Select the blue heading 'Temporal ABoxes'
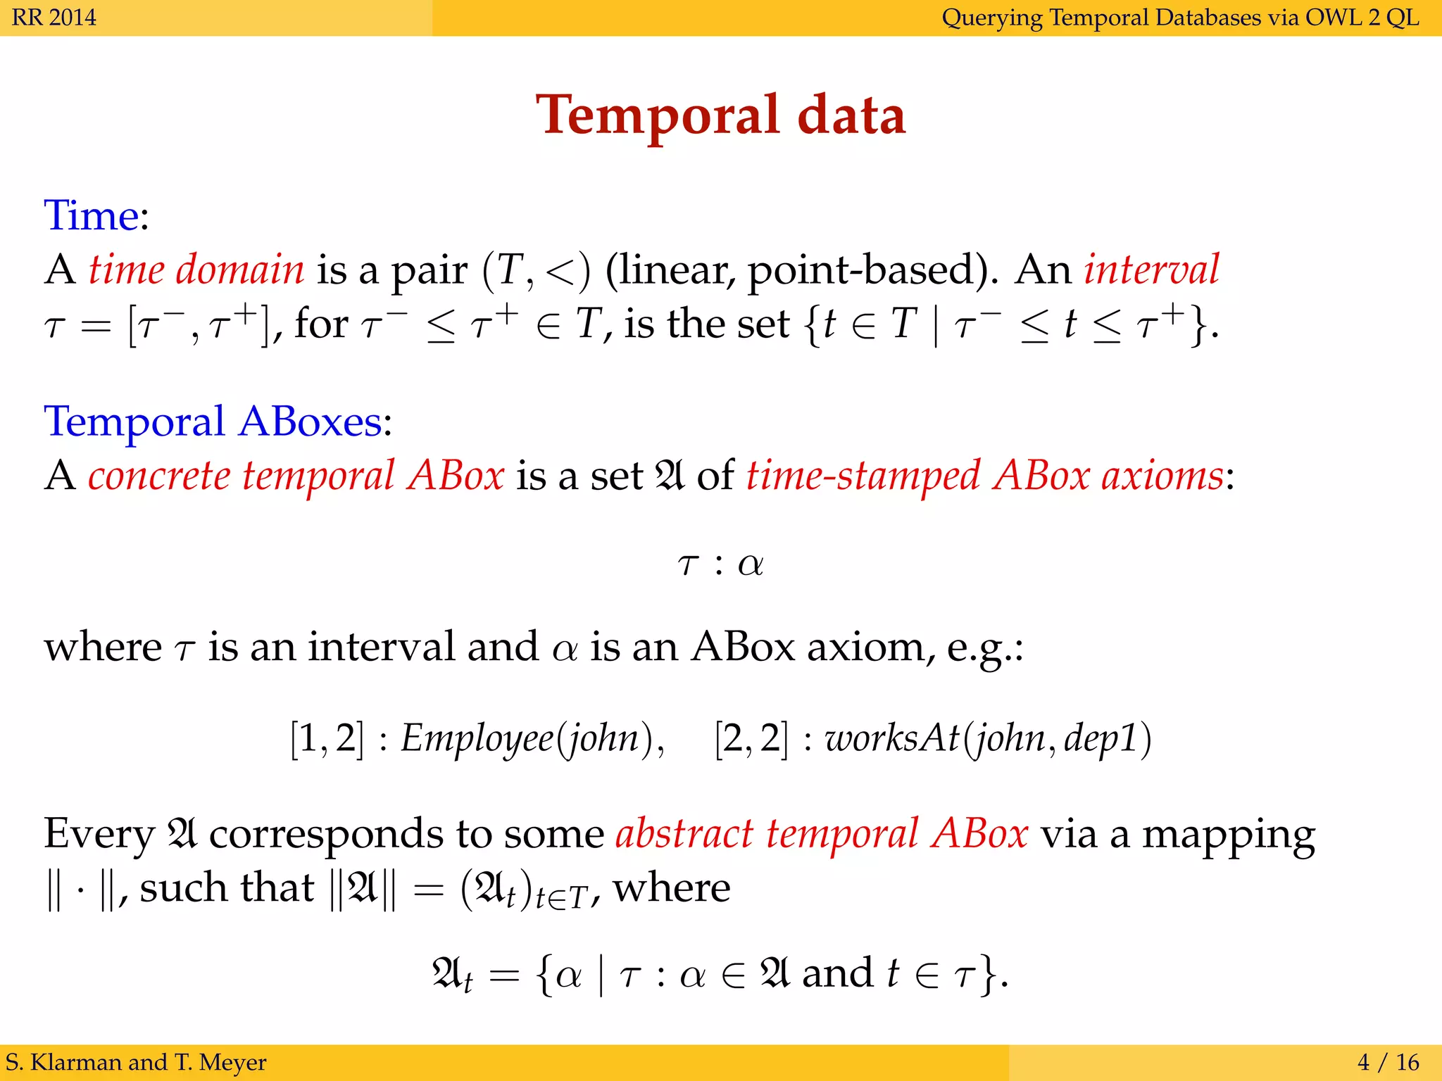pos(213,422)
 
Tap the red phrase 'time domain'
pos(196,269)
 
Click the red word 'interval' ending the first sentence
pos(1151,269)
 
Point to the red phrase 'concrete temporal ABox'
pos(296,476)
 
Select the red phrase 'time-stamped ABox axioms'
pos(985,476)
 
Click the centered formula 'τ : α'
pos(720,564)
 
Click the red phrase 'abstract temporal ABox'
pos(822,834)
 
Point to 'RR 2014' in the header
pos(54,17)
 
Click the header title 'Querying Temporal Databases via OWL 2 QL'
pos(1180,17)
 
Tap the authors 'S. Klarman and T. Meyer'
pos(136,1062)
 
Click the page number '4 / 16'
pos(1388,1062)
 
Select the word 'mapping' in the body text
pos(1228,835)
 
